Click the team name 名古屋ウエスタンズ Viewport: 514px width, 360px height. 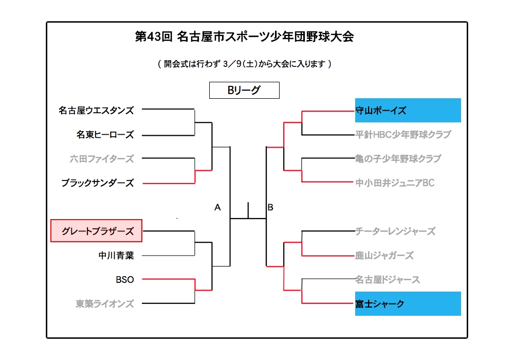(x=96, y=111)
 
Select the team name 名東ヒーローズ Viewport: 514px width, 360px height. (x=105, y=134)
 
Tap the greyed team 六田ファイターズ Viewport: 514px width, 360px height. (x=102, y=159)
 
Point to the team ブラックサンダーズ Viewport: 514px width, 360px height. (x=98, y=183)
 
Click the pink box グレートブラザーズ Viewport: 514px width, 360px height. (x=97, y=231)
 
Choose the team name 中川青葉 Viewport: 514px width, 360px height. (x=116, y=256)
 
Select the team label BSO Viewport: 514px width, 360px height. (x=125, y=280)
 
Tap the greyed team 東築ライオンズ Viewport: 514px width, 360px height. (x=105, y=303)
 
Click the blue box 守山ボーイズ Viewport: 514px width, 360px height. (x=408, y=110)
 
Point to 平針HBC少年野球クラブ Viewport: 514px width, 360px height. (x=403, y=134)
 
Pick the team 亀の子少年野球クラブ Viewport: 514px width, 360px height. (x=398, y=159)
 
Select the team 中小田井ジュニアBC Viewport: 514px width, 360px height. (x=395, y=183)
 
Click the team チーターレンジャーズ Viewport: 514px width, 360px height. (x=395, y=231)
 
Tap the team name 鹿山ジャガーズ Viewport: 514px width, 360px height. (x=384, y=256)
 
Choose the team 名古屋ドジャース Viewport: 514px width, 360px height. (x=388, y=280)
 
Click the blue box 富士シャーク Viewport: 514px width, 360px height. (x=408, y=303)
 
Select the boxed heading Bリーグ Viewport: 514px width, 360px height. (x=244, y=90)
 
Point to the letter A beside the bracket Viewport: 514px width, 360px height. (x=217, y=207)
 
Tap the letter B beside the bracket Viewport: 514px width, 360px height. (x=270, y=207)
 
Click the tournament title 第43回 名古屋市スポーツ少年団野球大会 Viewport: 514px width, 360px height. (x=245, y=37)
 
